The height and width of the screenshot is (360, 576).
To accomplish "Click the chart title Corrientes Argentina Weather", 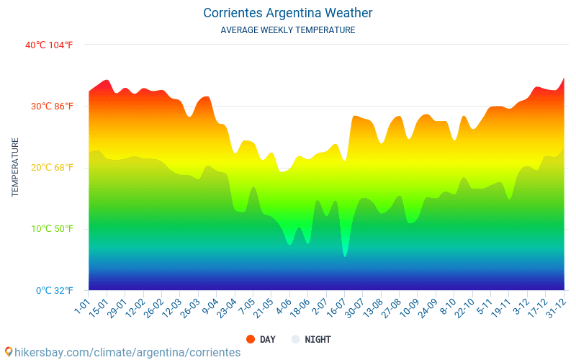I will (x=288, y=13).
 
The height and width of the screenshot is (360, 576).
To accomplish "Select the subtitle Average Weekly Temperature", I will (x=288, y=30).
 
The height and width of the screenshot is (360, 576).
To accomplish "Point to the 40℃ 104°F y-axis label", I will (x=49, y=45).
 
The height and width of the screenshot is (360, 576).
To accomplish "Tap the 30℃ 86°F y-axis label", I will (x=52, y=107).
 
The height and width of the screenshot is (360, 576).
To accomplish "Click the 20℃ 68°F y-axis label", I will (x=52, y=168).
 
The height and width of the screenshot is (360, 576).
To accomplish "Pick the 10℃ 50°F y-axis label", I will (x=52, y=229).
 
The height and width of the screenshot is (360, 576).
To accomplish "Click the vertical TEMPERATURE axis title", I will (x=15, y=167).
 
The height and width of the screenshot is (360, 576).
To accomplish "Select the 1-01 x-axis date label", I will (x=81, y=307).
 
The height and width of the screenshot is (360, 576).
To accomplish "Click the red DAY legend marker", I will (x=251, y=339).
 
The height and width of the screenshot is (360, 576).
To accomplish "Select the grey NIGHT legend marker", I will (x=296, y=339).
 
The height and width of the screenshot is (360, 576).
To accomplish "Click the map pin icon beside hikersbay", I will (x=8, y=351).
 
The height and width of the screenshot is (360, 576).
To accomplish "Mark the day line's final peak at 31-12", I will (x=564, y=78).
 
